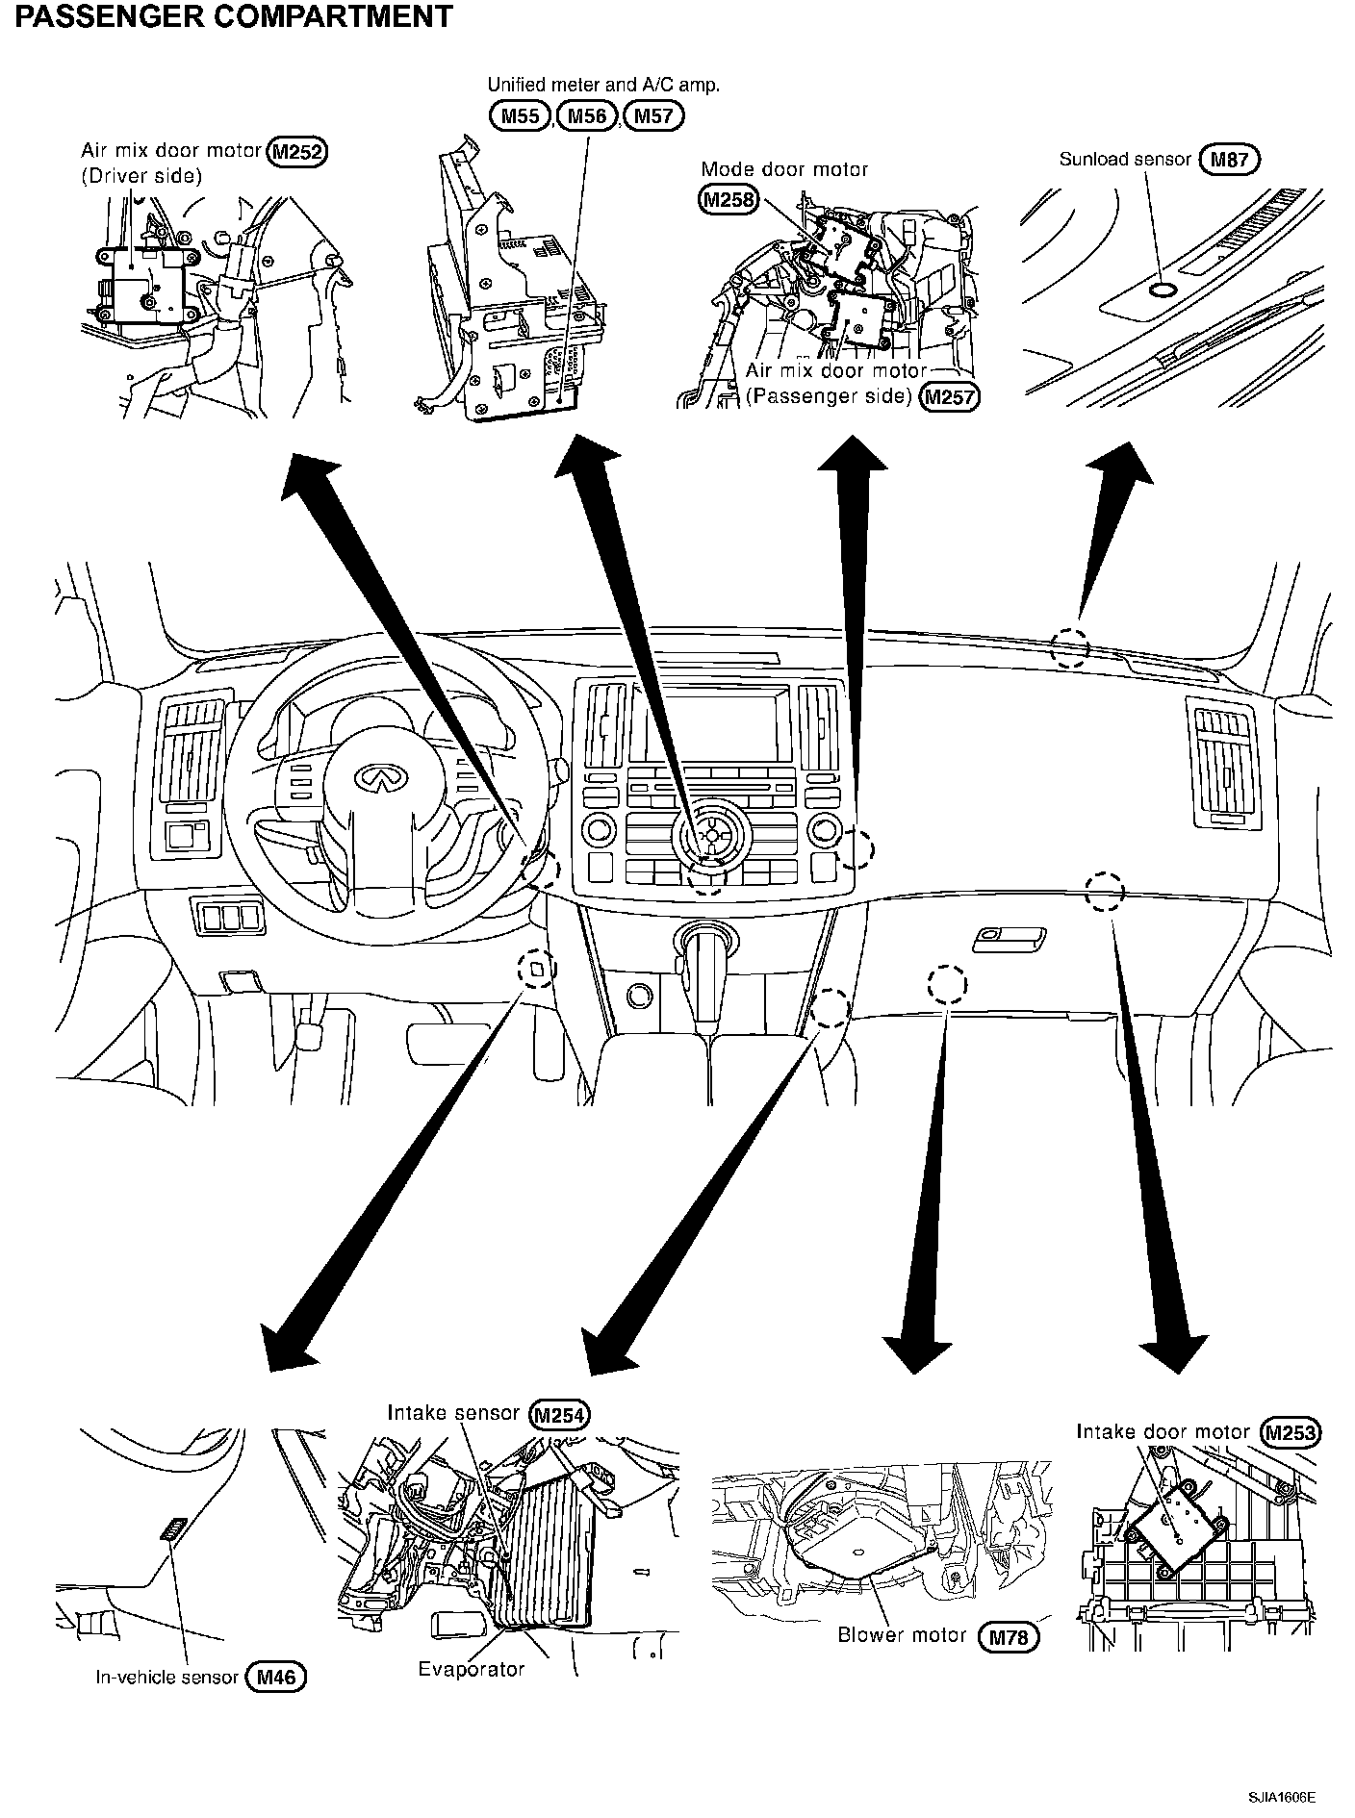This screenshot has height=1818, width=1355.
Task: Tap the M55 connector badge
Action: [521, 116]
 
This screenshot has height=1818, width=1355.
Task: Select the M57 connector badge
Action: [653, 116]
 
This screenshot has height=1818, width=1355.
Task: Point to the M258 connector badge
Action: [728, 199]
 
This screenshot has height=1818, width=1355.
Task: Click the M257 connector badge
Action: [949, 397]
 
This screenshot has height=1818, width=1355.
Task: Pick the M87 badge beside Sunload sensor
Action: [1230, 160]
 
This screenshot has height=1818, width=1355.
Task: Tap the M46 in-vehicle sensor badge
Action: [276, 1678]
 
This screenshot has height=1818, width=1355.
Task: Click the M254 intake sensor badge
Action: [559, 1415]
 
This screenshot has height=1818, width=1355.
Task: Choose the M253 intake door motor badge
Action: [1291, 1432]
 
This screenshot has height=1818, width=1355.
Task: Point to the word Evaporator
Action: [471, 1669]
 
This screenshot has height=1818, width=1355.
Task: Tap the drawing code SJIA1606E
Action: [1282, 1797]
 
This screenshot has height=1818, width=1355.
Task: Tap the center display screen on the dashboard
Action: [711, 720]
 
